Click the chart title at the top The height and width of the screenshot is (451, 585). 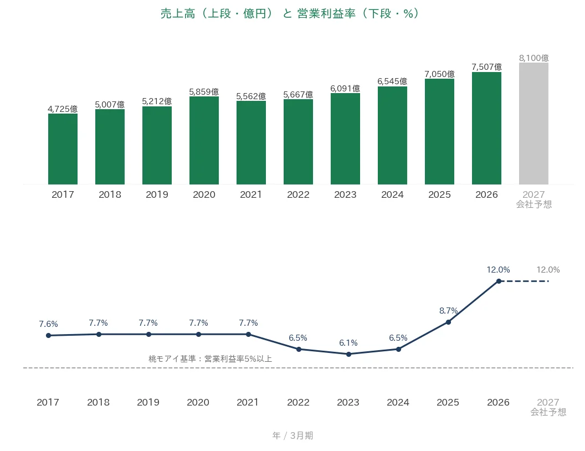coord(290,13)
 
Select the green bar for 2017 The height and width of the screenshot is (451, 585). coord(63,149)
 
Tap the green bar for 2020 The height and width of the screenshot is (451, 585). coord(204,140)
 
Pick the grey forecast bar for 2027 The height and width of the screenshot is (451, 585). coord(533,124)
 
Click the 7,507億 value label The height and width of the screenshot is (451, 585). coord(486,67)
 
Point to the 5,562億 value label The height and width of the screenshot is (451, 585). coord(251,96)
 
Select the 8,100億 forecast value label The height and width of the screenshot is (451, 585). coord(534,58)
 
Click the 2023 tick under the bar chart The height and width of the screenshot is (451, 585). coord(345,194)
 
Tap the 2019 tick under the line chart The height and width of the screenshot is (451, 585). coord(148,402)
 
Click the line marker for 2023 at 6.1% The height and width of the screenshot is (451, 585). coord(349,354)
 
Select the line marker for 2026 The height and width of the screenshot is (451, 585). coord(499,281)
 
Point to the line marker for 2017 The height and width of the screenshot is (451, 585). coord(49,335)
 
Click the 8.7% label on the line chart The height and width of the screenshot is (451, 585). coord(449,311)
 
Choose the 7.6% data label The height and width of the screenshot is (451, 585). coord(49,324)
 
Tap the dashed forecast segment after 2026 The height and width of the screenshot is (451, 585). coord(524,281)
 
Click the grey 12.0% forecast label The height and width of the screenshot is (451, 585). coord(548,270)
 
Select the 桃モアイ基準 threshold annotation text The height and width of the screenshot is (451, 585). coord(210,359)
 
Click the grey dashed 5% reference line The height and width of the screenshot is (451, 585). coord(298,368)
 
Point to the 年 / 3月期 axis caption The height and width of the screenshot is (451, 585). coord(293,435)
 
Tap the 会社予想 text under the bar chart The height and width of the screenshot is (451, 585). coord(534,204)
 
